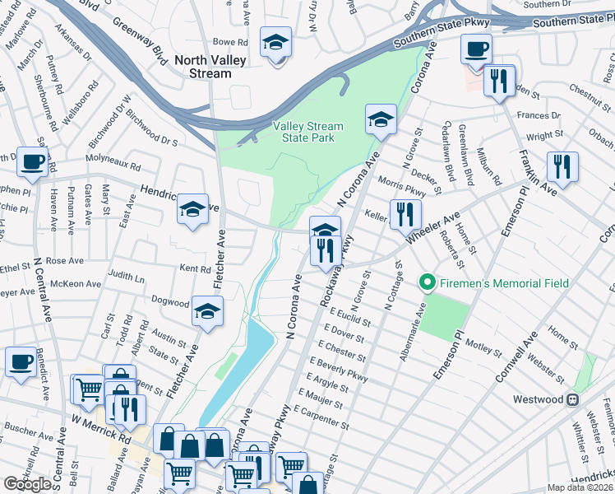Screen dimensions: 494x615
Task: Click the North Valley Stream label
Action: click(204, 66)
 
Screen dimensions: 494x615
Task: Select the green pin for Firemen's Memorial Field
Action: click(427, 284)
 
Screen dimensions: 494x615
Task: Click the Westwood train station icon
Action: click(572, 399)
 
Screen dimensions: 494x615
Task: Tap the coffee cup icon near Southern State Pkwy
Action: click(476, 48)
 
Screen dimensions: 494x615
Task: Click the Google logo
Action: click(28, 483)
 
